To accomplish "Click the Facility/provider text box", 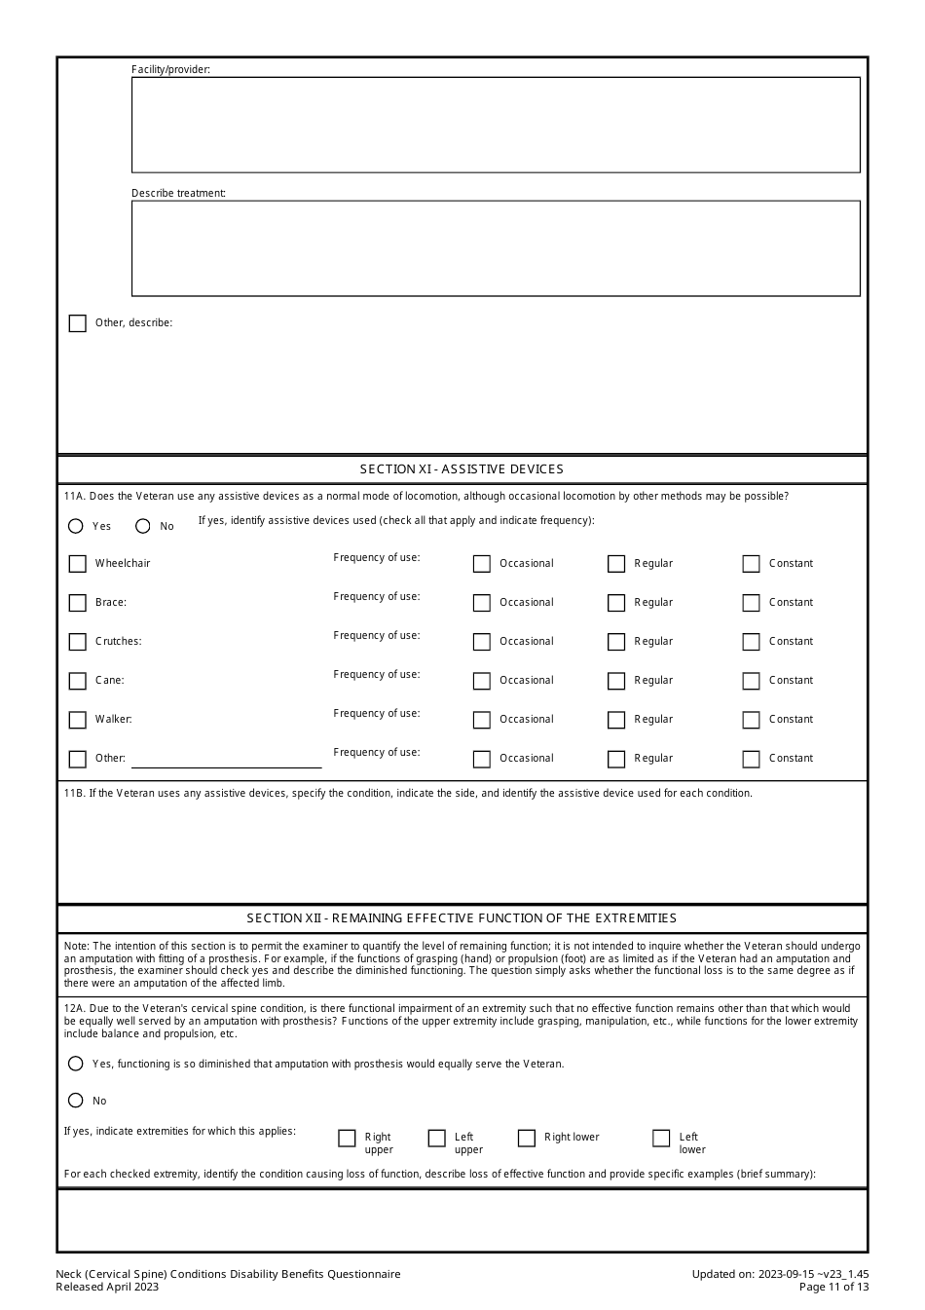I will (496, 125).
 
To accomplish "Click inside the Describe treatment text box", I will (496, 248).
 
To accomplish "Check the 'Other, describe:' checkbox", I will (78, 323).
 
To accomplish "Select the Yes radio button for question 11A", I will (76, 526).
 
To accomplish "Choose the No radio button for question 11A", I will (143, 526).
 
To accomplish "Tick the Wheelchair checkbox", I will (78, 564).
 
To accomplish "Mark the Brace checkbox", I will (78, 603).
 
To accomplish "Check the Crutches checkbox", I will (78, 642).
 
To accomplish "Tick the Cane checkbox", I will (78, 681).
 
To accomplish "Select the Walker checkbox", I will (78, 720).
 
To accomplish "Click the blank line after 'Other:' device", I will (226, 759).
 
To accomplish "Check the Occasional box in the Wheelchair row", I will (482, 564).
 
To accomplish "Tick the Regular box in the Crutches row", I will (616, 642).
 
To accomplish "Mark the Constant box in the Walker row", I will (751, 720).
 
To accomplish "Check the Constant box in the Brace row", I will (751, 603).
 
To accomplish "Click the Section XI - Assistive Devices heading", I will (462, 469).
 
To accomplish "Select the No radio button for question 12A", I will (76, 1101).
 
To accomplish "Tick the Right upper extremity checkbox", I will (347, 1138).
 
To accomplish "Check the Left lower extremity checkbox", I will (661, 1138).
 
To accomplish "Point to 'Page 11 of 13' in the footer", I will (833, 1287).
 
